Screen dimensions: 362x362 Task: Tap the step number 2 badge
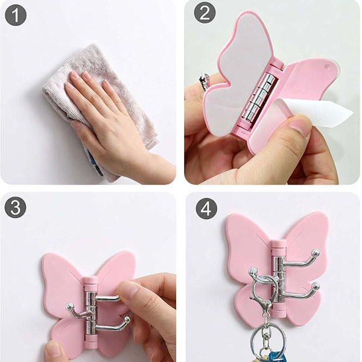click(205, 13)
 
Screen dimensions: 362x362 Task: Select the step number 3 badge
click(16, 208)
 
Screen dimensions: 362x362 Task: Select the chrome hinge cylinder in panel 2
click(259, 97)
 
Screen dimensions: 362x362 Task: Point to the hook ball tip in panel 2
click(205, 78)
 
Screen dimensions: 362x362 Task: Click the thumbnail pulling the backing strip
click(300, 127)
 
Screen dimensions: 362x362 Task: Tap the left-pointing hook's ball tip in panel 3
click(70, 307)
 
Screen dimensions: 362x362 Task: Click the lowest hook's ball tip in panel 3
click(127, 320)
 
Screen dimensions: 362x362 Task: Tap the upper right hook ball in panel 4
click(316, 253)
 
